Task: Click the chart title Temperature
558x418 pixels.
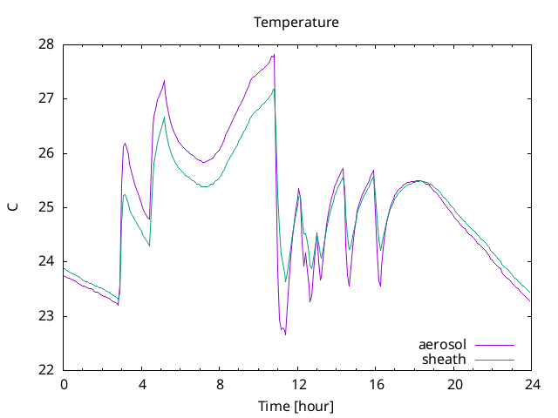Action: coord(296,23)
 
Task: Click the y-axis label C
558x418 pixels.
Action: coord(13,207)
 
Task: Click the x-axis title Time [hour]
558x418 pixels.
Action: coord(296,407)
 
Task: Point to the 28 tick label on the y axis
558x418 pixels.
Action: coord(46,44)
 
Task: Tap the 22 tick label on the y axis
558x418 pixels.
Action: coord(46,370)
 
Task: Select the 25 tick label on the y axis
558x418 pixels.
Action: coord(46,207)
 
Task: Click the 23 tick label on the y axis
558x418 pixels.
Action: coord(46,316)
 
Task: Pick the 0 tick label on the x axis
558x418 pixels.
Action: coord(64,385)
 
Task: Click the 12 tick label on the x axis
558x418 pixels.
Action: coord(298,385)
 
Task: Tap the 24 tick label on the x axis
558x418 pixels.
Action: coord(532,385)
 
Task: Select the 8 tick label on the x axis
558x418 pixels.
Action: coord(220,385)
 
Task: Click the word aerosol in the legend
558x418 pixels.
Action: coord(442,345)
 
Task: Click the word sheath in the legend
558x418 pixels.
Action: coord(444,360)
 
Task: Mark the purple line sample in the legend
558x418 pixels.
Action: coord(494,345)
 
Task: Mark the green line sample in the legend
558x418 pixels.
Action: coord(494,360)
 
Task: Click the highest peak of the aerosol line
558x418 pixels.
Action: coord(274,54)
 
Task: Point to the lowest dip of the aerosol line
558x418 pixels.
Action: coord(285,334)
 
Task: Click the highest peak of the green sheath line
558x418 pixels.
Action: coord(273,89)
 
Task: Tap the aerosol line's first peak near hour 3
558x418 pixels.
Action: coord(126,143)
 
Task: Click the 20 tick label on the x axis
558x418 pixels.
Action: coord(454,385)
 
